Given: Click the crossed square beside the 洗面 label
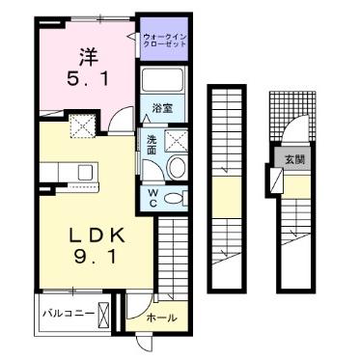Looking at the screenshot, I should point(177,141).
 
